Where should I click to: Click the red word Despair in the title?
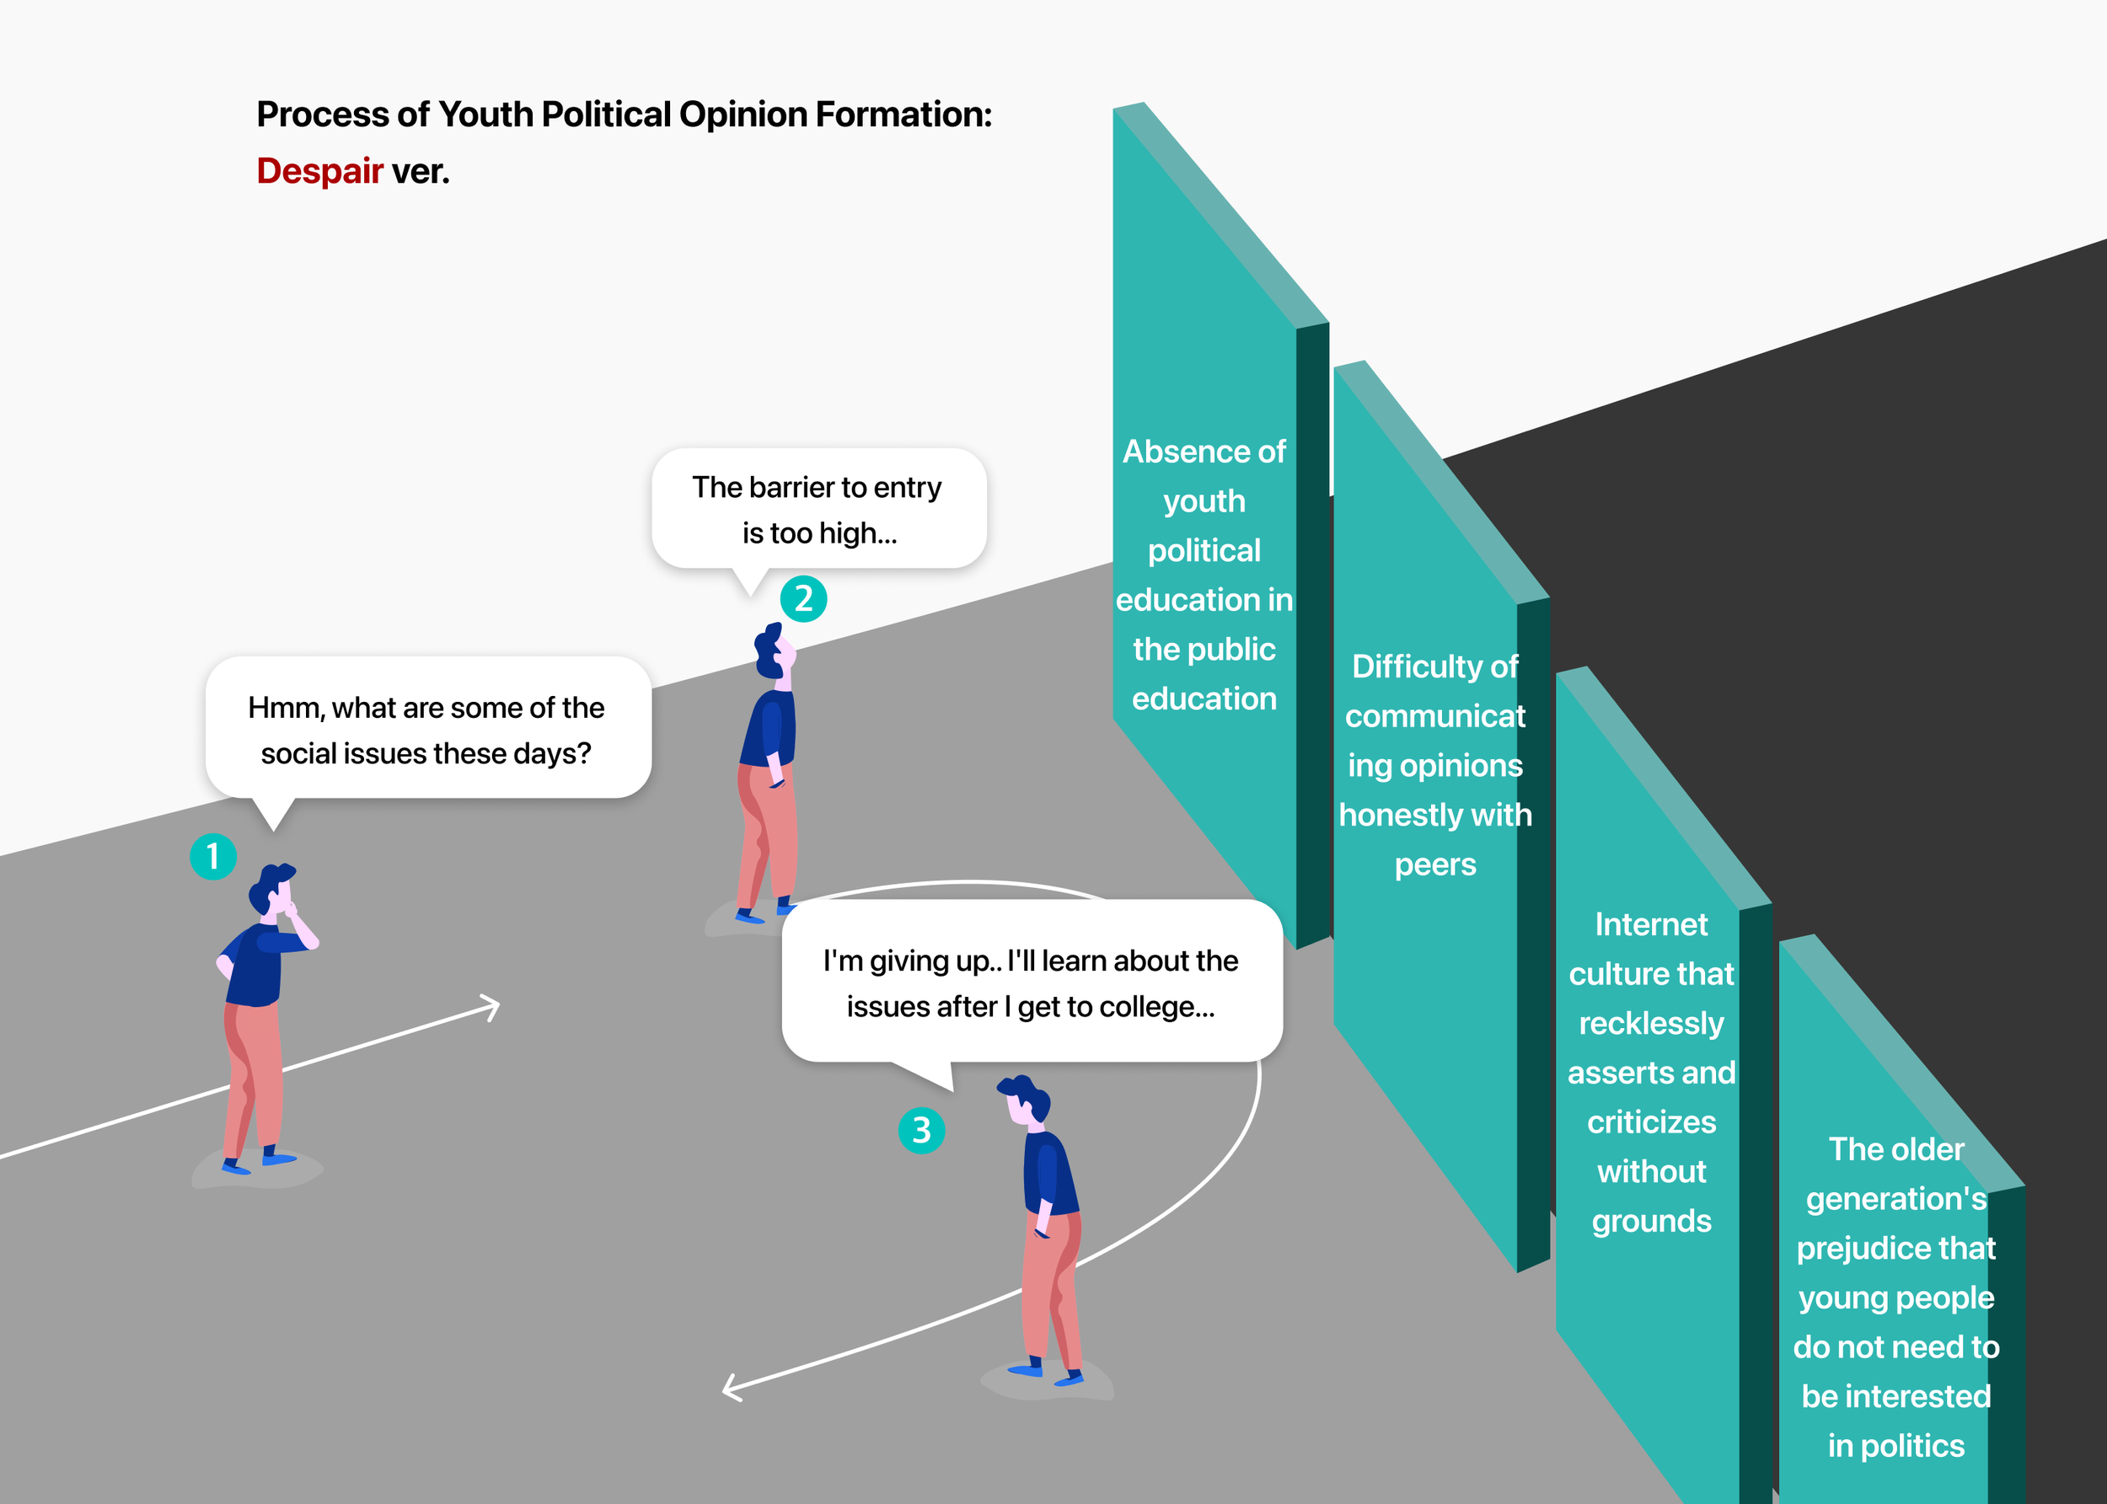click(x=319, y=171)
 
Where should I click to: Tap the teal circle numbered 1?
click(x=213, y=857)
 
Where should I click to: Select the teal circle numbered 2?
click(x=803, y=599)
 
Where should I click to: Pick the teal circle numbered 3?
click(x=921, y=1130)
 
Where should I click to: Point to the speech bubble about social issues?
click(x=428, y=729)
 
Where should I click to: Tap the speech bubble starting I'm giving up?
click(x=1031, y=982)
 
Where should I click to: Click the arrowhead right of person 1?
click(x=490, y=1007)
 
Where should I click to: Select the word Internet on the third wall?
click(x=1650, y=924)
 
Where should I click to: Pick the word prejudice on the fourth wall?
click(x=1895, y=1249)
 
